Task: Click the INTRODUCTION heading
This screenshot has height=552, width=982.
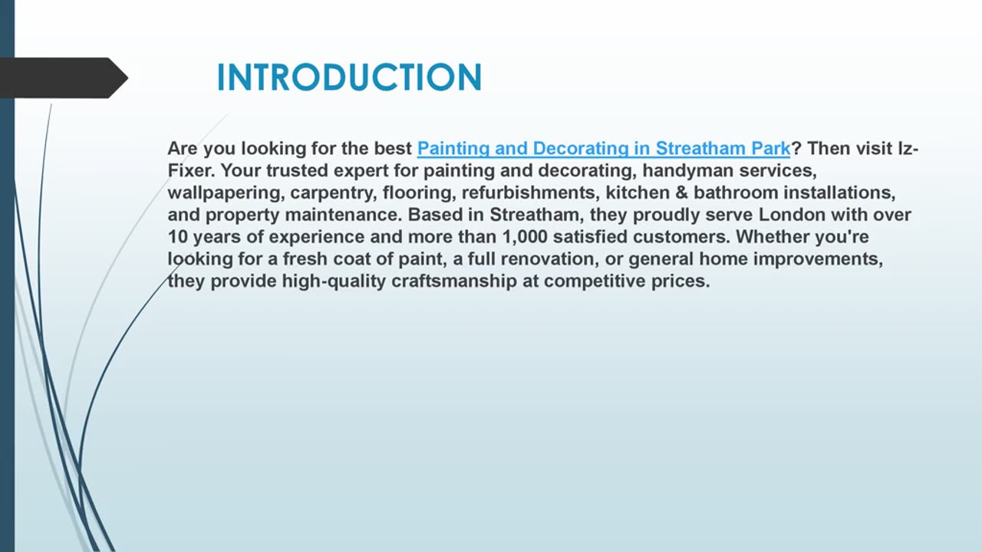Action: tap(349, 77)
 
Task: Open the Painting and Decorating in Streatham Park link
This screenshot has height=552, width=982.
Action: tap(603, 148)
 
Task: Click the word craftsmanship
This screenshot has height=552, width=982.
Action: tap(454, 281)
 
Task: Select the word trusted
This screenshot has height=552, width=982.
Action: tap(299, 170)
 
